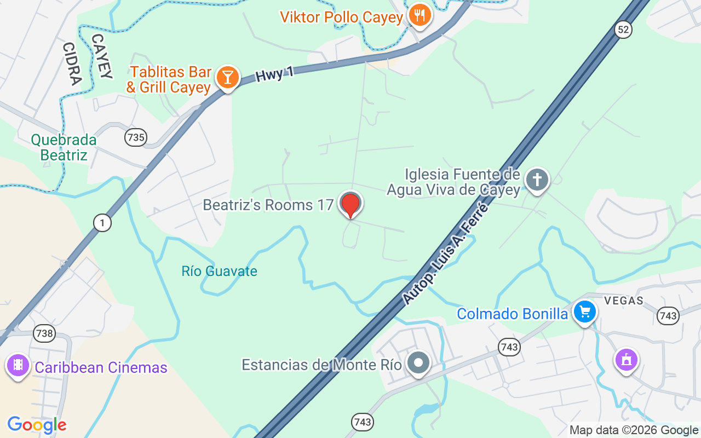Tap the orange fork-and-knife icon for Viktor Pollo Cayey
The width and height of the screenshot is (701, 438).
(x=420, y=15)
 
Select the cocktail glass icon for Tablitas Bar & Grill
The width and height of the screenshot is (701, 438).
(x=227, y=77)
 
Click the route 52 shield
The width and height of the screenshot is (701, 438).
(x=623, y=30)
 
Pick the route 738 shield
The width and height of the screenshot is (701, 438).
(x=44, y=333)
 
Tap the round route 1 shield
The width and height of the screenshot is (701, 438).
(x=102, y=222)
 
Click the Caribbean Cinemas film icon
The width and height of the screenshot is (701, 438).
(x=18, y=365)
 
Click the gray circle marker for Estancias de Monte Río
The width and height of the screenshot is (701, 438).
(x=419, y=363)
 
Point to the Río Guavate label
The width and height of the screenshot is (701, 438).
(x=219, y=271)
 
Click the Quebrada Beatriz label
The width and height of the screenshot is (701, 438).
(x=64, y=148)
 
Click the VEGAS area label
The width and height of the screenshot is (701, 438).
(x=624, y=301)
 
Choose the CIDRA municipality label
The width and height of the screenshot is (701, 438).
(x=72, y=64)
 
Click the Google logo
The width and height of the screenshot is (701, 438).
(x=37, y=425)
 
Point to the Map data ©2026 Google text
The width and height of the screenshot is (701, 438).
(x=634, y=430)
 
